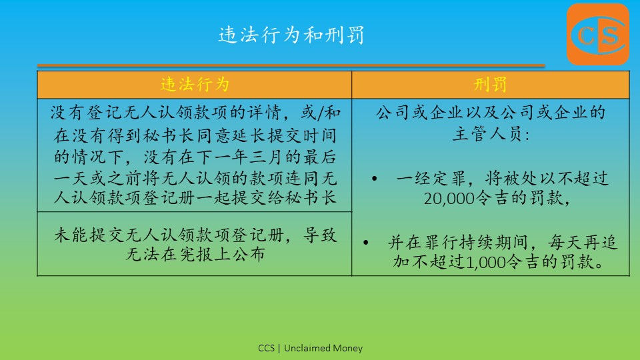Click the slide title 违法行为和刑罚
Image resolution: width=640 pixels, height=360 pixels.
pos(291,35)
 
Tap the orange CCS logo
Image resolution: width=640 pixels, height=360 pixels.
pos(598,34)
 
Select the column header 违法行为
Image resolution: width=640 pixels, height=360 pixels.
pos(195,85)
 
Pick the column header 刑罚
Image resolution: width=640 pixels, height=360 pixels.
pos(490,85)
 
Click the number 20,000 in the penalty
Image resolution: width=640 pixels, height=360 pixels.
pos(449,199)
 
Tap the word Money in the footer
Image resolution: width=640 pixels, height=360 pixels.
pos(348,348)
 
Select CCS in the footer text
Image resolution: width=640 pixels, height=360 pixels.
pos(266,348)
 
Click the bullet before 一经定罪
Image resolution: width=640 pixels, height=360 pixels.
pos(374,179)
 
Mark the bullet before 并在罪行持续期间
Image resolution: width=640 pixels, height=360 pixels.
pos(366,243)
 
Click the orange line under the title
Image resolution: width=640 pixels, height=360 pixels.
pos(291,65)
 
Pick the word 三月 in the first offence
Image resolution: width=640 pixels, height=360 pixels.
pos(267,157)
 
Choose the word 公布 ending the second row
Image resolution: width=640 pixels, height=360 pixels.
pos(248,254)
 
